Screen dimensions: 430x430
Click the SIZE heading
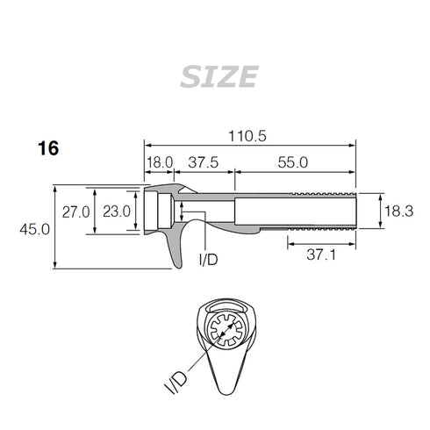219,77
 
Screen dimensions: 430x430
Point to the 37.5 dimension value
204,163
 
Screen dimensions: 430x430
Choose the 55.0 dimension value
293,163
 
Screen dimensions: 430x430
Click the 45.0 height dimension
38,228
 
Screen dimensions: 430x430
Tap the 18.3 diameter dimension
398,211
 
